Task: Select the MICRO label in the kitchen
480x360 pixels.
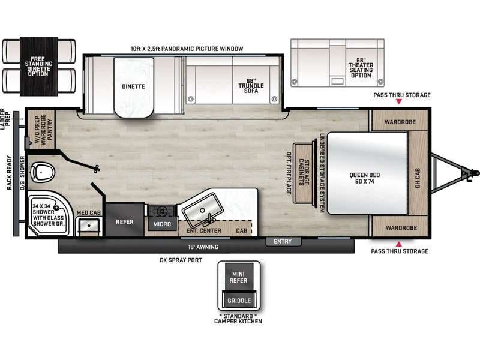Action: (x=161, y=224)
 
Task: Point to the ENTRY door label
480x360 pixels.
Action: (x=283, y=242)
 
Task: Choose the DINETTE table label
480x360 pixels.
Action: (x=133, y=86)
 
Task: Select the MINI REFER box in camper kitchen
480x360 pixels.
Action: (x=239, y=278)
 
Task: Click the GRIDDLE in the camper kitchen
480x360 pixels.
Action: (x=239, y=301)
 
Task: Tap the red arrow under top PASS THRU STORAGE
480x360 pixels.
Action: (x=400, y=103)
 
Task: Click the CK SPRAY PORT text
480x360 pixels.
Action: (x=180, y=260)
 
